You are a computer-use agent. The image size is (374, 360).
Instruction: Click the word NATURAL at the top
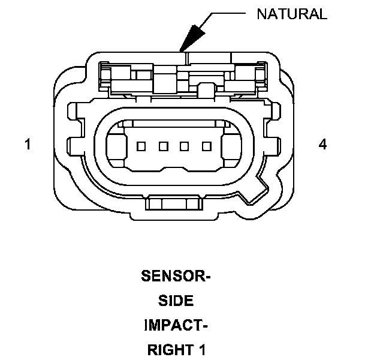coord(292,14)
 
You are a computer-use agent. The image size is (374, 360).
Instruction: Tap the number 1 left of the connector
coord(28,145)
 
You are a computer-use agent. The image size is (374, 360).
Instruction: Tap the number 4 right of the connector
coord(323,145)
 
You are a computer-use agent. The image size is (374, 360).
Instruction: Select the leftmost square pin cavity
coord(141,146)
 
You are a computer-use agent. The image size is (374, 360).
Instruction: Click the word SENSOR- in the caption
coord(176,277)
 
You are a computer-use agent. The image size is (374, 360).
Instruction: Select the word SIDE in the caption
coord(176,301)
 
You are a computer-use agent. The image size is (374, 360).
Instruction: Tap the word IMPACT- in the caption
coord(176,325)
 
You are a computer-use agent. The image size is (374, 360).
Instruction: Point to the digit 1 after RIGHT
coord(202,349)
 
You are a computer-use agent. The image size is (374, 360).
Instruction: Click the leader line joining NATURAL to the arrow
coord(228,13)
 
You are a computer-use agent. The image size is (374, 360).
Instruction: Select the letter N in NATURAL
coord(261,14)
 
